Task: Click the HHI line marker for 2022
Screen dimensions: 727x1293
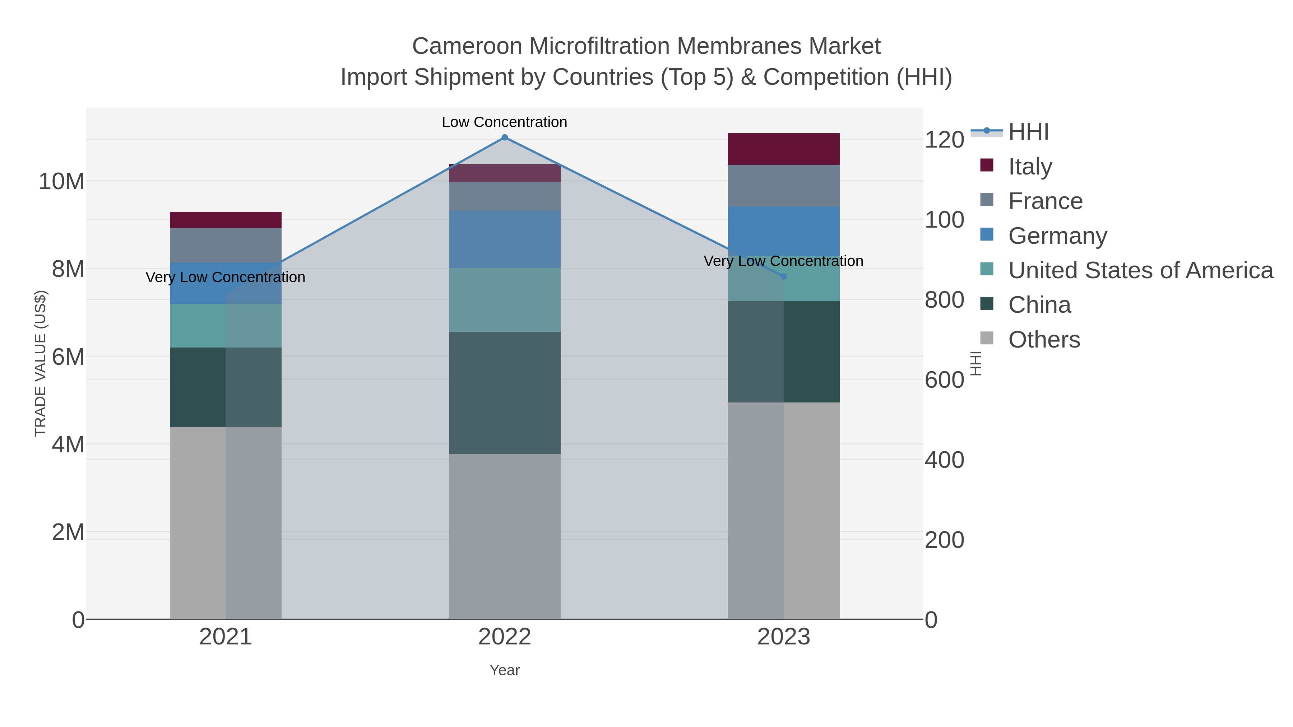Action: [x=505, y=138]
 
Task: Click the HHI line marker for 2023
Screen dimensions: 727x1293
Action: [x=784, y=276]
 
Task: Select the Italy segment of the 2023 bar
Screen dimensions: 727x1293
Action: [x=784, y=149]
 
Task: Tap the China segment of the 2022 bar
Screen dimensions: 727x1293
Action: [x=505, y=392]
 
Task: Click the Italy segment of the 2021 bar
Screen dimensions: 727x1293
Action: [x=225, y=220]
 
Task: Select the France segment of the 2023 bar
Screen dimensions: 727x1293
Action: [x=784, y=186]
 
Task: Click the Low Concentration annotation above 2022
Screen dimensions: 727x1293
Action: [x=505, y=122]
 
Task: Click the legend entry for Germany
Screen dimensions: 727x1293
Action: [x=1057, y=236]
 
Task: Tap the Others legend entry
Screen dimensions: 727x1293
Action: [x=1044, y=340]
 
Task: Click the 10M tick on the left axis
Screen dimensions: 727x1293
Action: [x=61, y=181]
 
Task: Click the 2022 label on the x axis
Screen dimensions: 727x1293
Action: [x=505, y=637]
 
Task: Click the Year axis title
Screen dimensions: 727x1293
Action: [x=505, y=670]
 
